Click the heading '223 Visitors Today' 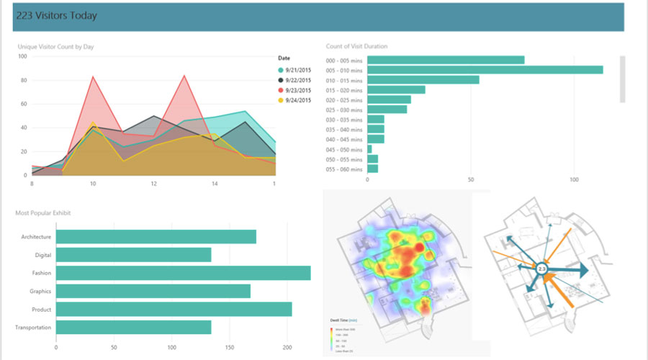click(56, 15)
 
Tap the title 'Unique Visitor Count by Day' click(55, 47)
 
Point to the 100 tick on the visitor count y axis click(22, 56)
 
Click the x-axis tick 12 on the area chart click(153, 184)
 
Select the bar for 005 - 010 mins click(485, 70)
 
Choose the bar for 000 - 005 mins click(446, 60)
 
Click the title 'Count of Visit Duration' click(356, 47)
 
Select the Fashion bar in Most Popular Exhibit click(183, 273)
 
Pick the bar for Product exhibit click(174, 309)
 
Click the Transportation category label click(32, 328)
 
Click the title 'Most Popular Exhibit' click(42, 213)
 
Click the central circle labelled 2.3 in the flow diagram click(542, 269)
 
